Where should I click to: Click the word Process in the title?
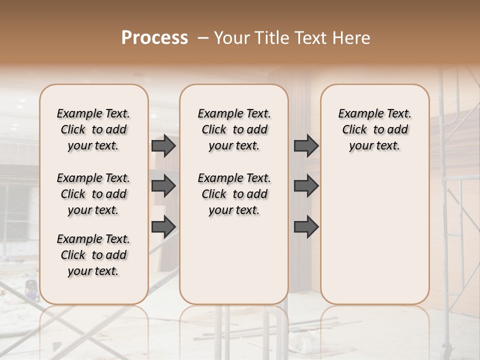point(154,37)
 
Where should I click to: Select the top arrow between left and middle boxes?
point(163,145)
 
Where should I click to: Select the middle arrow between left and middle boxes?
point(163,186)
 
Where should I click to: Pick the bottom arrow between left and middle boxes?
point(163,226)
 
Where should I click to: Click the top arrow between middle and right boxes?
point(306,145)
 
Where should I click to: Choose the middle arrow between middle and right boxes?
point(306,186)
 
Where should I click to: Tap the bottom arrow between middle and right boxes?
point(306,226)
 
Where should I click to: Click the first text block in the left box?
point(93,129)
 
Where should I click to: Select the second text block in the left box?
point(93,194)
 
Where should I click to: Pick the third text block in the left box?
point(93,255)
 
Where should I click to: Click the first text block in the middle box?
point(234,129)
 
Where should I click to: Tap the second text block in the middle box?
point(234,194)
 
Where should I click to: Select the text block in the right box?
point(374,129)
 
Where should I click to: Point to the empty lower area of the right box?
point(374,230)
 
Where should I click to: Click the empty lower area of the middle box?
point(234,260)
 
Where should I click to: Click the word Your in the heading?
point(230,38)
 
